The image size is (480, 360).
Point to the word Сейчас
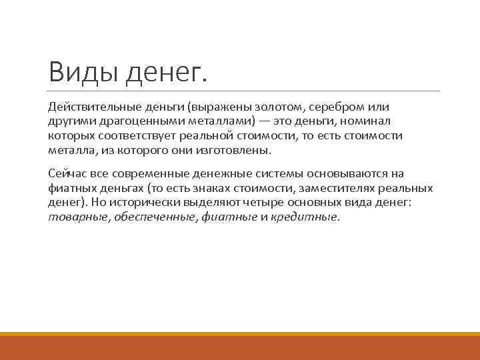[x=66, y=173]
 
